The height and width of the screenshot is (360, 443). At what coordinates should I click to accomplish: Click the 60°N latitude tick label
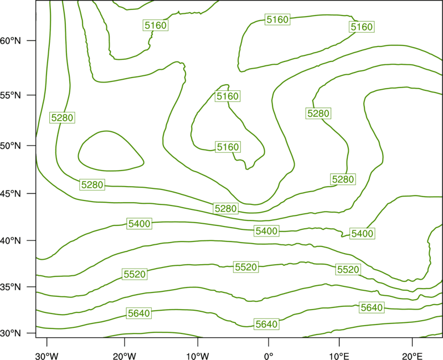[11, 40]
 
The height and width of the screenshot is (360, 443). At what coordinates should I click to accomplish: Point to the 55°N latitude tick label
[11, 95]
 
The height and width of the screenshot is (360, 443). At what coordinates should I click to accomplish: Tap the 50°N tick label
[11, 146]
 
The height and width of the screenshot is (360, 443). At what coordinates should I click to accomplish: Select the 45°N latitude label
[11, 193]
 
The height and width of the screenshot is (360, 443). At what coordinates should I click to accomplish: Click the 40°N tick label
[11, 241]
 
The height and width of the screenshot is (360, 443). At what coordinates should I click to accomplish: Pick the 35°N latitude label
[11, 287]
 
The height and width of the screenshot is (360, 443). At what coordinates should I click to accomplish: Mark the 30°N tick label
[11, 333]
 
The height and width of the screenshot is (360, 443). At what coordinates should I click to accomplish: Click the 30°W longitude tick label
[47, 356]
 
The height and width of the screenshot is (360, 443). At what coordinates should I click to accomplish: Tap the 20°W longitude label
[125, 356]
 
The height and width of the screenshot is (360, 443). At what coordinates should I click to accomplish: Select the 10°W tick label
[198, 356]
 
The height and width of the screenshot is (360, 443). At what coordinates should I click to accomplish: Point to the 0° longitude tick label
[269, 356]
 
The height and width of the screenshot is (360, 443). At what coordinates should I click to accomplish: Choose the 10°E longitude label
[339, 356]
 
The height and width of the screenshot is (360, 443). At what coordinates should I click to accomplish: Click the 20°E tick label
[412, 356]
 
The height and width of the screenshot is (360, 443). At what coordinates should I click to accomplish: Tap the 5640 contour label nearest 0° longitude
[266, 324]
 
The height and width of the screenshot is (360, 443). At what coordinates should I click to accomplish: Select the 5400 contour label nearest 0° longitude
[266, 231]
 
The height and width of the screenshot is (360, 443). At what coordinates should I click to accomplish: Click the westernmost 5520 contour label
[135, 274]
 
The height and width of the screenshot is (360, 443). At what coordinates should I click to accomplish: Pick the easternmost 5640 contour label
[372, 307]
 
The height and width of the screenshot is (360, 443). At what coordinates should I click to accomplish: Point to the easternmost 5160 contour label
[362, 27]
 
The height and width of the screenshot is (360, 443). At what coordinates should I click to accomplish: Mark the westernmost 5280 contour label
[62, 117]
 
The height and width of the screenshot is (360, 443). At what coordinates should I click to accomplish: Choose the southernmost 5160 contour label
[228, 147]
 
